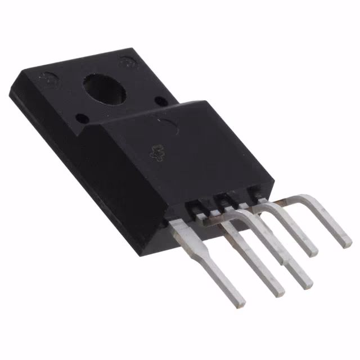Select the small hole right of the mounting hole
tap(160, 102)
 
